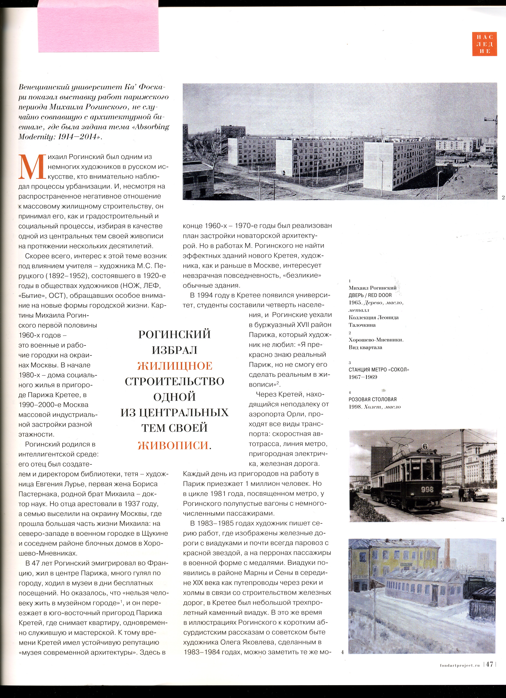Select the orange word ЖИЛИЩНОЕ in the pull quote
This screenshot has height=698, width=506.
click(175, 366)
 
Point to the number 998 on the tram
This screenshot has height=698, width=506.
click(427, 490)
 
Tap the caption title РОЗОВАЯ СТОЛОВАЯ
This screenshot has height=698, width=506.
click(372, 399)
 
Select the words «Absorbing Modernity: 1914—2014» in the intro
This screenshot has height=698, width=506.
click(94, 132)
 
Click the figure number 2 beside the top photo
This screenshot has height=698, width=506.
click(503, 198)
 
